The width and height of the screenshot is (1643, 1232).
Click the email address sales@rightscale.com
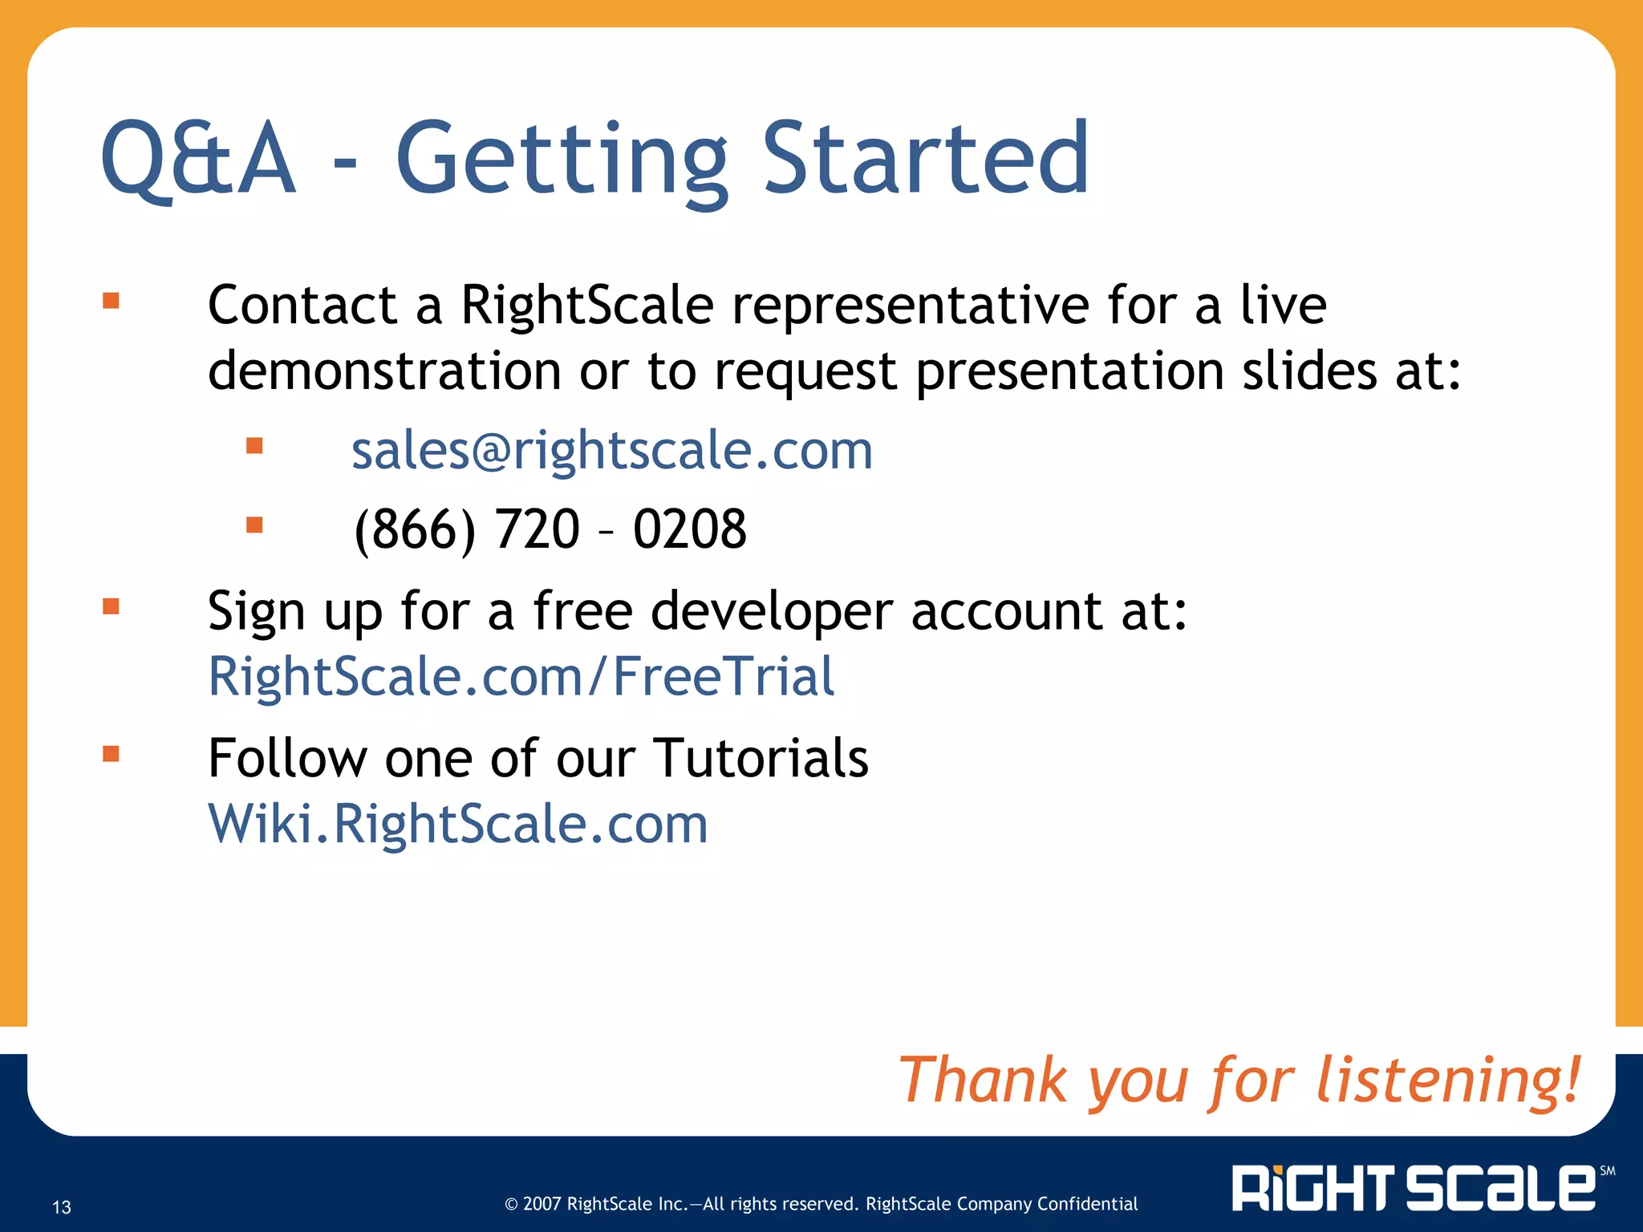(x=611, y=451)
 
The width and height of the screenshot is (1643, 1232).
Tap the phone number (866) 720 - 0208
(x=550, y=529)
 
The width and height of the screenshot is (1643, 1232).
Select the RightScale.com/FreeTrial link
(x=521, y=676)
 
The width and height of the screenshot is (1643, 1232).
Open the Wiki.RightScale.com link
(x=458, y=824)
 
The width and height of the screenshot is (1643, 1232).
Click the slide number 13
(x=62, y=1207)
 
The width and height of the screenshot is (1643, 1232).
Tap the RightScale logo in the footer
(x=1414, y=1188)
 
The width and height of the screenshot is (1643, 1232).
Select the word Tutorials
(x=761, y=758)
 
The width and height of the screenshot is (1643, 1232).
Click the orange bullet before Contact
(x=111, y=301)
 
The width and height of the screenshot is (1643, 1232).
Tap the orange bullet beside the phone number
(x=254, y=525)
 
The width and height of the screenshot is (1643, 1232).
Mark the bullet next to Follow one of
(x=111, y=753)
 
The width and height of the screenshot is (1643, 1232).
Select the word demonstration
(x=384, y=371)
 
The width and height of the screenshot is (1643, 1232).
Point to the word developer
(x=771, y=612)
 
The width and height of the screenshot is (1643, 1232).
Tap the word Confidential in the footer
(x=1087, y=1204)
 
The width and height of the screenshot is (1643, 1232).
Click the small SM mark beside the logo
(x=1608, y=1171)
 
